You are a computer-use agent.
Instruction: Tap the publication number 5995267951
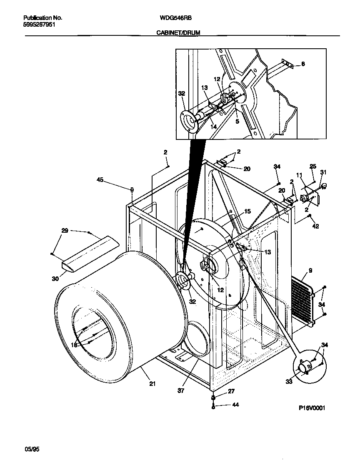pos(39,24)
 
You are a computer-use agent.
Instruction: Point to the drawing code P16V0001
pos(311,408)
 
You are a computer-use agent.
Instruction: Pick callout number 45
pos(100,180)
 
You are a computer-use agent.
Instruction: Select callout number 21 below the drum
pos(152,384)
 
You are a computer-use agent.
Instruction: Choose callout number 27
pos(231,391)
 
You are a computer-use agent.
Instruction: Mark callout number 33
pos(289,381)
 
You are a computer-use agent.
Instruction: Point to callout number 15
pos(247,211)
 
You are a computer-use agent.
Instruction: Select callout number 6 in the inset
pos(303,64)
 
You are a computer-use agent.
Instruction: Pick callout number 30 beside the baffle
pos(55,279)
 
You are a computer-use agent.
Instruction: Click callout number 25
pos(312,166)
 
